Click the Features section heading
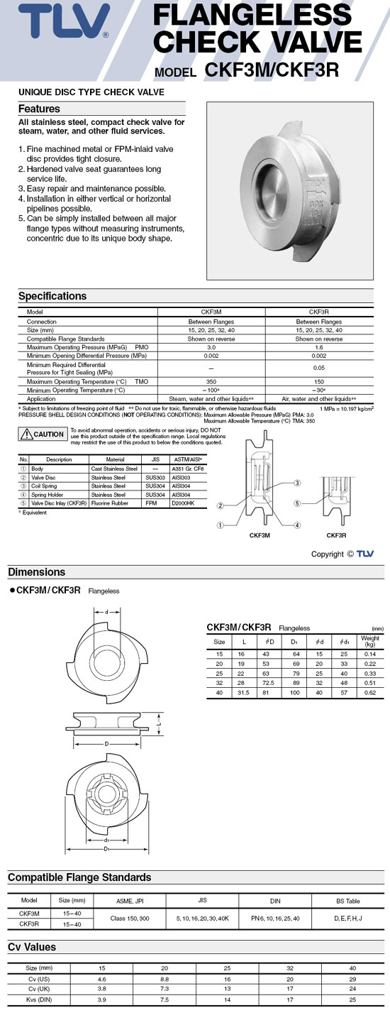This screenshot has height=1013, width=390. pyautogui.click(x=39, y=109)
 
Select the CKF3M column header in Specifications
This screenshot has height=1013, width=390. pyautogui.click(x=211, y=312)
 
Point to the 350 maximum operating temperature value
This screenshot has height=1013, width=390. pyautogui.click(x=211, y=381)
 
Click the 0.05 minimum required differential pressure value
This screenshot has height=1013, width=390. pyautogui.click(x=319, y=369)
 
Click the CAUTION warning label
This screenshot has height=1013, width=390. pyautogui.click(x=43, y=434)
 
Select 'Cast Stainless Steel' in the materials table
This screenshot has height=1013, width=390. pyautogui.click(x=114, y=469)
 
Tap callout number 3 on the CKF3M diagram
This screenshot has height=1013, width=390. pyautogui.click(x=297, y=482)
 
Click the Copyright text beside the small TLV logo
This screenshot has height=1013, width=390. pyautogui.click(x=328, y=554)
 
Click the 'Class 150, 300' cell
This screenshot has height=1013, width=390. pyautogui.click(x=129, y=918)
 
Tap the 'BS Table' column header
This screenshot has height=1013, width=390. pyautogui.click(x=348, y=901)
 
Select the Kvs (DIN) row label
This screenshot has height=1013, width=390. pyautogui.click(x=39, y=1000)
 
